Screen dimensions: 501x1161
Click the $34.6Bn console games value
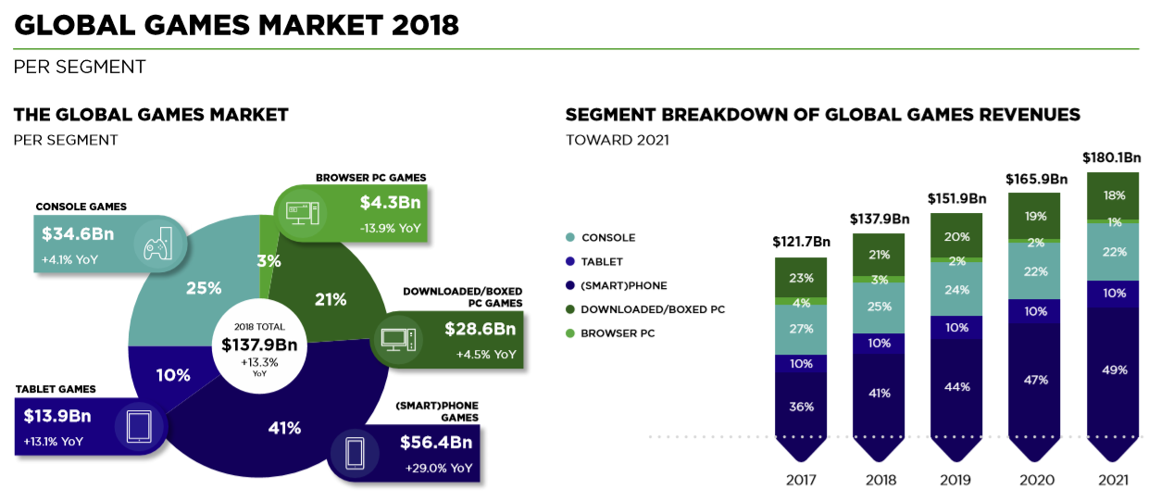[77, 234]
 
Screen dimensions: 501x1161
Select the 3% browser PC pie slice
[268, 261]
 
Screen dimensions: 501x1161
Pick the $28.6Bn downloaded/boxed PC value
[480, 329]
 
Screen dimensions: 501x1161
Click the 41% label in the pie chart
[285, 428]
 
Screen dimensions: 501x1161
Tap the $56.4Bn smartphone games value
[435, 443]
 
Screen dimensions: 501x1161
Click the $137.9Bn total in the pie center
[259, 344]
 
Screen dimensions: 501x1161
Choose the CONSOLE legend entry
[607, 238]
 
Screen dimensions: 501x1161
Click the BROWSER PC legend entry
[618, 333]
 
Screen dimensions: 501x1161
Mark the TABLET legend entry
[603, 262]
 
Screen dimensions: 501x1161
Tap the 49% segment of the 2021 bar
[1115, 370]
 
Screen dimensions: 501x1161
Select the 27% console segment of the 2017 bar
[802, 329]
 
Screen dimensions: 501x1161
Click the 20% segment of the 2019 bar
[958, 236]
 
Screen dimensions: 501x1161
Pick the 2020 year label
[1035, 481]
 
